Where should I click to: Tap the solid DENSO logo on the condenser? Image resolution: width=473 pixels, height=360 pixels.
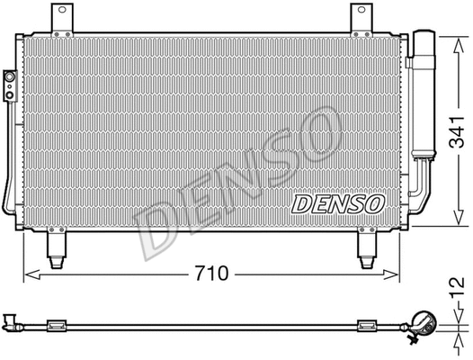337,202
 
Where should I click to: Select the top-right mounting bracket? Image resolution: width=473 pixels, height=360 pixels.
360,16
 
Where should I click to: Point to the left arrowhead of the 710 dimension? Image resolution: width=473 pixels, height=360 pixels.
27,272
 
